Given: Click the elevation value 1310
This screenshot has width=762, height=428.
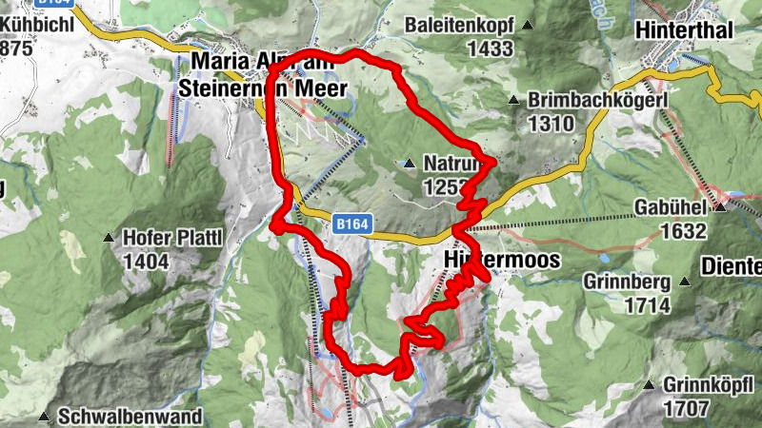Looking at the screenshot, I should click(x=550, y=123).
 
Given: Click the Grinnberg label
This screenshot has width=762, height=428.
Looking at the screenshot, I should click(x=624, y=282).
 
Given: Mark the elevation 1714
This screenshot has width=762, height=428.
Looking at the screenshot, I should click(x=648, y=304).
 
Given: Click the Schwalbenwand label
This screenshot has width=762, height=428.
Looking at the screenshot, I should click(x=130, y=416).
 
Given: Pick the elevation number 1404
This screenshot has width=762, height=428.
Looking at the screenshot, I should click(x=145, y=261).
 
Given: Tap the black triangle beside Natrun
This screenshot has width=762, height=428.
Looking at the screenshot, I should click(x=409, y=165).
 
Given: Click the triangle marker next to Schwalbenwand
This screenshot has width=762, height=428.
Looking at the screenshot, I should click(x=44, y=416).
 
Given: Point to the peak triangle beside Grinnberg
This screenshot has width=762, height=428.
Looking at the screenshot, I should click(x=684, y=282).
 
